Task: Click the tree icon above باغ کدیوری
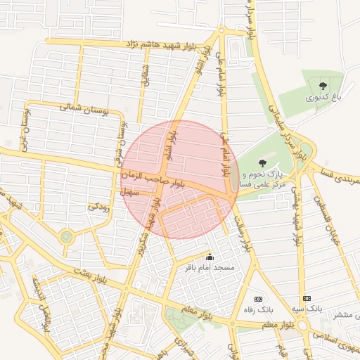[x=323, y=86]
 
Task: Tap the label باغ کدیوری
[x=326, y=98]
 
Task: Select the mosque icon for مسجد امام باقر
[x=208, y=257]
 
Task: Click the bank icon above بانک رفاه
[x=257, y=298]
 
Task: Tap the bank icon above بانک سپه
[x=306, y=298]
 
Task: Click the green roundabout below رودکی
[x=66, y=237]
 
